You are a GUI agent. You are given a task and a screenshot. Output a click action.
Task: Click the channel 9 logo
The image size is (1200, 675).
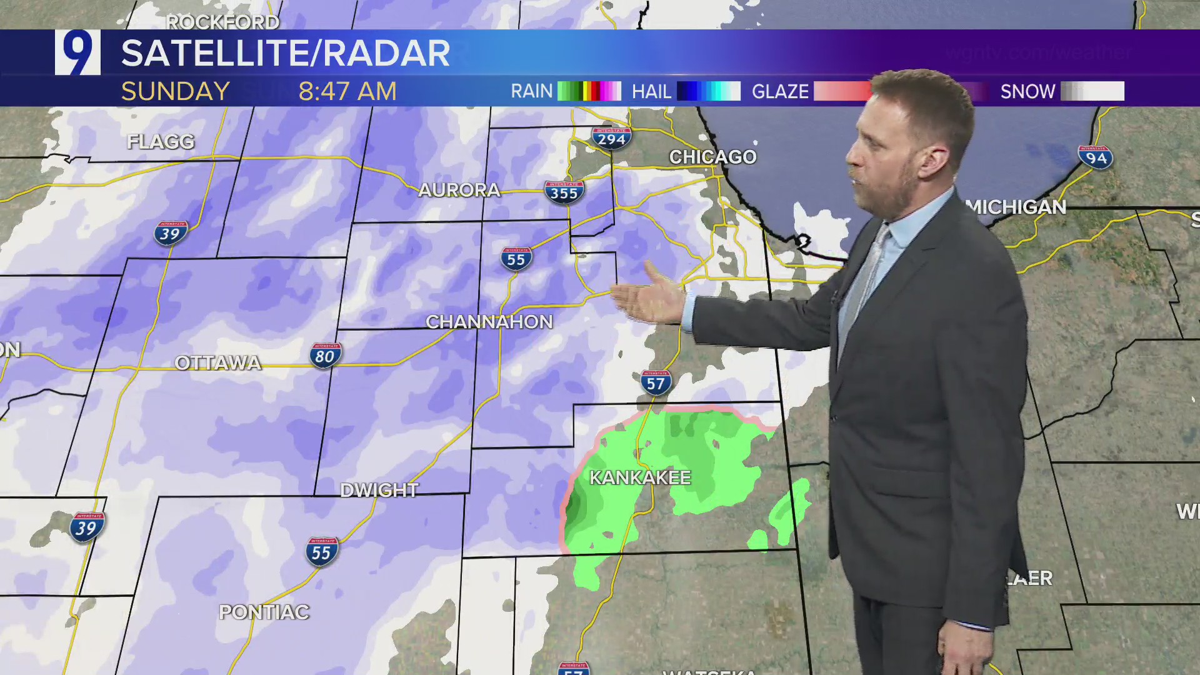click(77, 52)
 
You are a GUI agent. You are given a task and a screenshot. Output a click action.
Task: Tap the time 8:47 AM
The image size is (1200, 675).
click(347, 92)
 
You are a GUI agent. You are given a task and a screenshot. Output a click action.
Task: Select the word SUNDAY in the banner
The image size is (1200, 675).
click(176, 92)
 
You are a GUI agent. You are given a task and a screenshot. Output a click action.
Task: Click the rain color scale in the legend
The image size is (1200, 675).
click(589, 91)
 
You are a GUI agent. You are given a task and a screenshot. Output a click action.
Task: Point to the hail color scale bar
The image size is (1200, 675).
click(709, 91)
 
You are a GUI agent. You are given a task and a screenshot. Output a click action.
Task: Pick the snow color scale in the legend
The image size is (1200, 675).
click(1092, 91)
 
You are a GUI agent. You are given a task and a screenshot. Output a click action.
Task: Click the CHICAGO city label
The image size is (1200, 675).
click(713, 157)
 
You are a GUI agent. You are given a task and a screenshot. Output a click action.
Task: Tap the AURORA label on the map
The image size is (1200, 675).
click(459, 190)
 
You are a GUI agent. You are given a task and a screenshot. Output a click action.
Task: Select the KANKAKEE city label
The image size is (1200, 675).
click(640, 478)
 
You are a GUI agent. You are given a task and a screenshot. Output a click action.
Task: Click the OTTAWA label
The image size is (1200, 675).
click(217, 363)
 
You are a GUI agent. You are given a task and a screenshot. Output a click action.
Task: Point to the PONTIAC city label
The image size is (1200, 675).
click(264, 612)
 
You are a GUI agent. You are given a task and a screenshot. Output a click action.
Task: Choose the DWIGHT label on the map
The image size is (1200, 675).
click(379, 490)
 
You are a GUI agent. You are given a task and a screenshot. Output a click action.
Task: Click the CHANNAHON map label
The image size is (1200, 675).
click(489, 322)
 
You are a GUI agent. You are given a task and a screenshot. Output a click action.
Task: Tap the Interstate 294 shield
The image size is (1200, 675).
click(611, 138)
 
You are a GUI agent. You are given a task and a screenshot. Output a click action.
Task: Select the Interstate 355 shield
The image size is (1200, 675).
click(564, 192)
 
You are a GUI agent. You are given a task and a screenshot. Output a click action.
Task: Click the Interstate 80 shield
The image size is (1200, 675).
click(325, 355)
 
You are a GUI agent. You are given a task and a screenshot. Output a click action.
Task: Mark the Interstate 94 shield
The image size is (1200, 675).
click(1096, 157)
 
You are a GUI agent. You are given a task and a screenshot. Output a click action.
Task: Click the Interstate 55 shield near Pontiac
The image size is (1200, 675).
click(322, 551)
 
